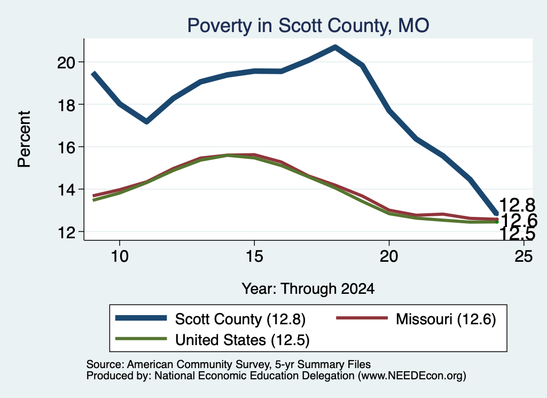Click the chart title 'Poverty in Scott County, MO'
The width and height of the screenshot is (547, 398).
coord(308,26)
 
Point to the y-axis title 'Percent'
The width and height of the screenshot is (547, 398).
coord(24,139)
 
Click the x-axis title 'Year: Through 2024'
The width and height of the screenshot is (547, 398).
coord(308,289)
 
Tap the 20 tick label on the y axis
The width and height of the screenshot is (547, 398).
coord(66,63)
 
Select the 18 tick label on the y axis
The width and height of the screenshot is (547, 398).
coord(66,105)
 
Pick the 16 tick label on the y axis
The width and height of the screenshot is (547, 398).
coord(66,147)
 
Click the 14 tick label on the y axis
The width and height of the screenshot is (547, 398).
coord(66,190)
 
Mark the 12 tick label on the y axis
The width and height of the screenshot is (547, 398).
coord(66,232)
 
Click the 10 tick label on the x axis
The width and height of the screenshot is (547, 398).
coord(120,256)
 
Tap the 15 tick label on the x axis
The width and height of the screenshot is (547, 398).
coord(254,256)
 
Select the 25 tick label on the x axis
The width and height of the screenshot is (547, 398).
coord(523,256)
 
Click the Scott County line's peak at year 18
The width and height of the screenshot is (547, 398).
coord(335,47)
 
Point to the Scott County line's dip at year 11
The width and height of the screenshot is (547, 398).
coord(146,121)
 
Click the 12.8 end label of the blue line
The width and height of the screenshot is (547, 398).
coord(517,205)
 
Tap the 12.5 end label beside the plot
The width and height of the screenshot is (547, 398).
coord(517,233)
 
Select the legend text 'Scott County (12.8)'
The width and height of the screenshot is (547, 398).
coord(240,319)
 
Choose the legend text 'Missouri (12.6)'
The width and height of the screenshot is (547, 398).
coord(446,319)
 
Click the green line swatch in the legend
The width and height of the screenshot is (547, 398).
coord(141,339)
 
